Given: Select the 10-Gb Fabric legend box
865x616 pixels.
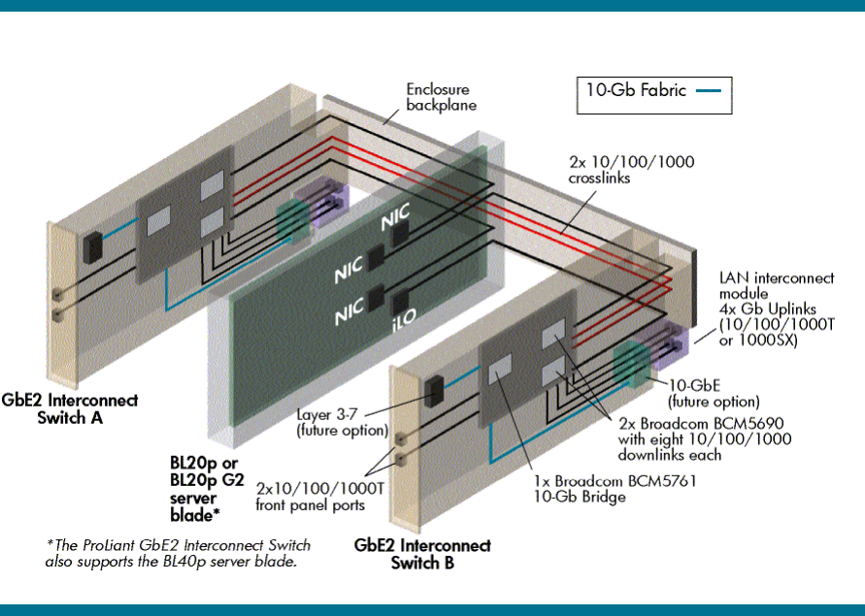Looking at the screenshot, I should pyautogui.click(x=653, y=95).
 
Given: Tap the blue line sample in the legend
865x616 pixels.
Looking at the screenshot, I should pyautogui.click(x=709, y=91).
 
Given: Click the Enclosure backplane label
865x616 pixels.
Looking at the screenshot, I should pyautogui.click(x=441, y=96).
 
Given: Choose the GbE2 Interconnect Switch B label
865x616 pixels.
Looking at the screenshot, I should pyautogui.click(x=422, y=554).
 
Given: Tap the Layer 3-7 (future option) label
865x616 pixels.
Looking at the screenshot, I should pyautogui.click(x=343, y=421).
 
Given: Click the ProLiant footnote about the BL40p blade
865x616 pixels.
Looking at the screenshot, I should pyautogui.click(x=175, y=553).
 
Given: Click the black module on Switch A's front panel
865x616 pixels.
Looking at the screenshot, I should pyautogui.click(x=93, y=246).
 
